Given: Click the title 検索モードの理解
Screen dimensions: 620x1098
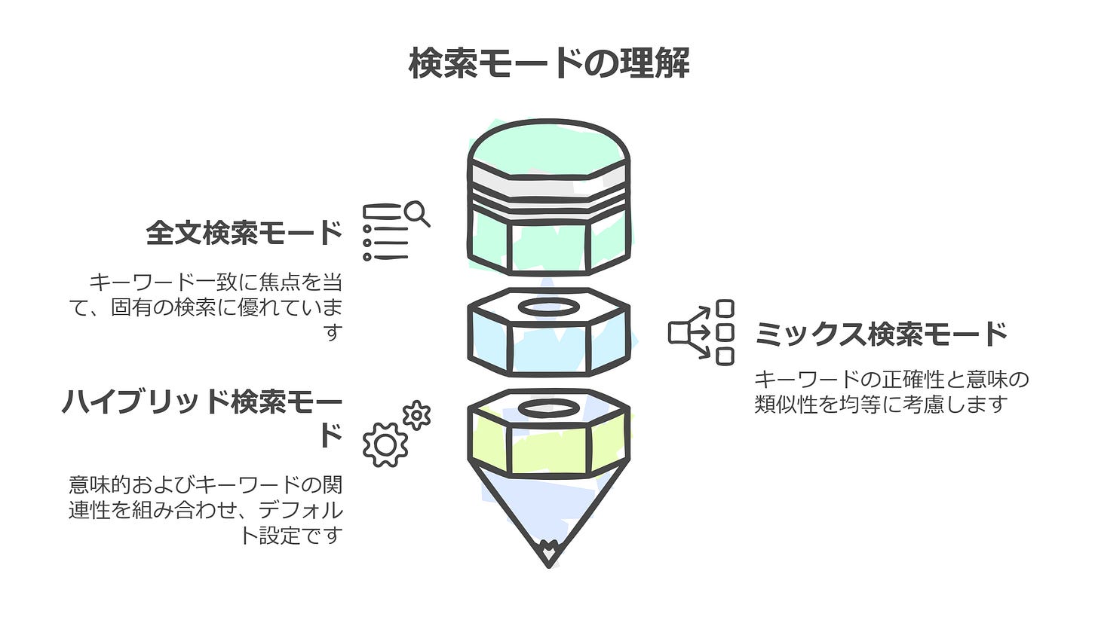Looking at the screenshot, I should tap(548, 63).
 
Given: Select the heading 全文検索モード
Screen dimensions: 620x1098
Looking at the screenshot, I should tap(244, 233).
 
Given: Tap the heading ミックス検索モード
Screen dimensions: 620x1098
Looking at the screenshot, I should tap(881, 334).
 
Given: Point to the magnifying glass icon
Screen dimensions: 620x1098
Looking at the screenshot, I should tap(416, 213).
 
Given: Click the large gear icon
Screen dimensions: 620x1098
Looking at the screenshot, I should tap(385, 444).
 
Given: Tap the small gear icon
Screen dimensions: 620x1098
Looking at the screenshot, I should tap(416, 415).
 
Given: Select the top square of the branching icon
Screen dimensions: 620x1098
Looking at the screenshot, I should tap(725, 308).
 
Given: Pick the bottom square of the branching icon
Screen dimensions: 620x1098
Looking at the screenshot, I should tap(725, 356).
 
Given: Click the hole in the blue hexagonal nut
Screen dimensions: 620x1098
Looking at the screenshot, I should tap(549, 307).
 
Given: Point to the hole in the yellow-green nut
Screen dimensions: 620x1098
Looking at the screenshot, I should tap(549, 408).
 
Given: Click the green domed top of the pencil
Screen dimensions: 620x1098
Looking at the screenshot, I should tap(548, 147).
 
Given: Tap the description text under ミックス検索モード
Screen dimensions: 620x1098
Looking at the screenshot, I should tap(891, 391).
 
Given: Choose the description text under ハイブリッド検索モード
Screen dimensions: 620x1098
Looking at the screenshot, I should tap(206, 510).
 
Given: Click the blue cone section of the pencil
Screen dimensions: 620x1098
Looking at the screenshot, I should tap(548, 505).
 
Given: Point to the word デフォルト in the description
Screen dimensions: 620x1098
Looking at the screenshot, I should tap(300, 511).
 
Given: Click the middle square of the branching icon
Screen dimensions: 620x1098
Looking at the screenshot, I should tap(725, 332).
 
